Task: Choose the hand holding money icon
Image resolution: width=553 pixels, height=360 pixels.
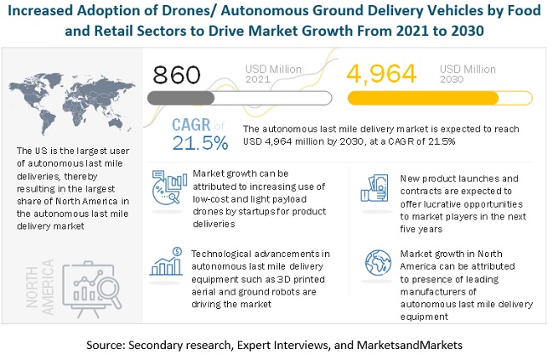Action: pos(371,186)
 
